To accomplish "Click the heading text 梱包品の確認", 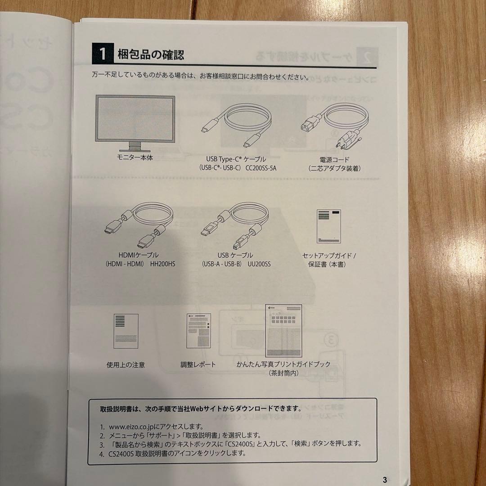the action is pos(151,55).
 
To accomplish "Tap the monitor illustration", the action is pos(135,123).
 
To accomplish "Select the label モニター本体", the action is pos(135,157).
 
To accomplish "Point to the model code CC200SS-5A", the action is pos(261,168).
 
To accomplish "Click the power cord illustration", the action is pos(334,125).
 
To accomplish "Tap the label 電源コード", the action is pos(334,160).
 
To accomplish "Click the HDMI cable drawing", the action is pos(139,225).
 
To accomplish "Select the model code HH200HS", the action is pos(163,264).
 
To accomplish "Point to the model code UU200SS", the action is pos(259,264).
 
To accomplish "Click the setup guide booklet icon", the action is pos(328,226).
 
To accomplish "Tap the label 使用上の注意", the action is pos(126,365).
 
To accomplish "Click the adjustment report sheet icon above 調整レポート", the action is pos(198,331).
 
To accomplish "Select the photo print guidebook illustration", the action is pos(283,331).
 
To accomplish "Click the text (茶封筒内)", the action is pos(283,373).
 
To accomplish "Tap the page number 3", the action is pos(385,480).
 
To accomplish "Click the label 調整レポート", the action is pos(198,364).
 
